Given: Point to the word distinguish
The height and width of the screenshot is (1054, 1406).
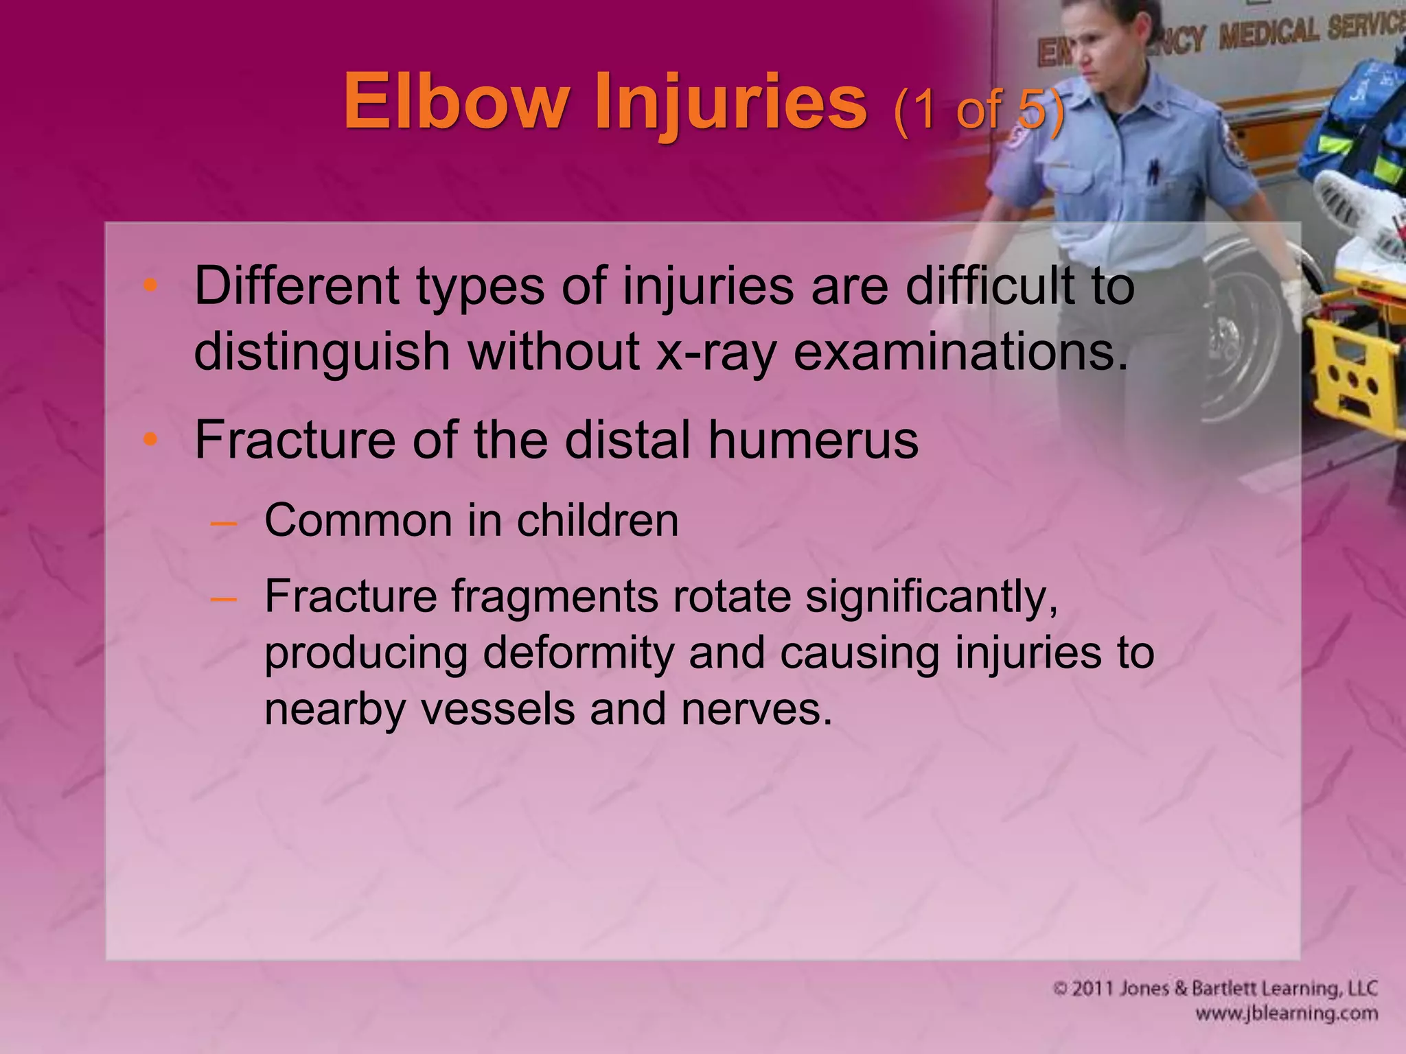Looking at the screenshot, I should click(x=322, y=351).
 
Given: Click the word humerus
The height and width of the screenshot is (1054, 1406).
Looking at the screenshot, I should click(x=813, y=440).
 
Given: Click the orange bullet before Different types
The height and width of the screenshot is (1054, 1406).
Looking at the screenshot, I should click(x=150, y=286).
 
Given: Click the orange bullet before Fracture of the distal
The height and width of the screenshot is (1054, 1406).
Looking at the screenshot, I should click(x=150, y=440).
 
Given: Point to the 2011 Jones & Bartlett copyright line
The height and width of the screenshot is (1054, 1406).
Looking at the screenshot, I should click(x=1215, y=988).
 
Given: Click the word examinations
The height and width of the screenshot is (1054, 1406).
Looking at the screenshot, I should click(x=960, y=351).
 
